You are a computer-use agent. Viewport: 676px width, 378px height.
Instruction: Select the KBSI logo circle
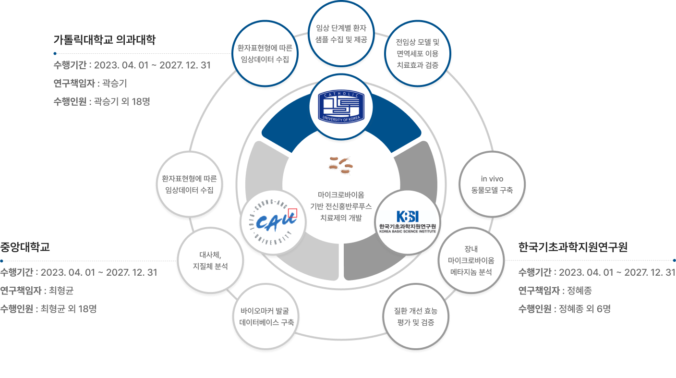click(x=407, y=221)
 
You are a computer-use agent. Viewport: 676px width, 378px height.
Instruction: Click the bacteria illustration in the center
click(x=341, y=165)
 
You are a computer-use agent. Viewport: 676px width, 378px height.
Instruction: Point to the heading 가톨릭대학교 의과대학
click(x=105, y=39)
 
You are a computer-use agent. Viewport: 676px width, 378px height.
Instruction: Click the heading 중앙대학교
click(x=25, y=247)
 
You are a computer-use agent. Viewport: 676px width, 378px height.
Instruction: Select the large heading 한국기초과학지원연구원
click(x=573, y=247)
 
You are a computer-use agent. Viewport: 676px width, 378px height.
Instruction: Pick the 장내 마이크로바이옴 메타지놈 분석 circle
click(x=471, y=260)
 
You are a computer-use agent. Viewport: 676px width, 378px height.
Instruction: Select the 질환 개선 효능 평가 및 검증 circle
click(x=416, y=317)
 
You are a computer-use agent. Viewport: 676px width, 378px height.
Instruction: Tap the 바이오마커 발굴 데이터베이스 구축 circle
click(x=267, y=317)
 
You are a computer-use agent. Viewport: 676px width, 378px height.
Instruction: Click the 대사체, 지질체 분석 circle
click(x=210, y=260)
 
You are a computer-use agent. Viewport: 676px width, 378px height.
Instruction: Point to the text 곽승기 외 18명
click(x=122, y=101)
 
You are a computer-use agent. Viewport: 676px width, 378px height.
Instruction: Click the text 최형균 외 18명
click(x=69, y=309)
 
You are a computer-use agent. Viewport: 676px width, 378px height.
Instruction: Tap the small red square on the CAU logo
click(x=292, y=213)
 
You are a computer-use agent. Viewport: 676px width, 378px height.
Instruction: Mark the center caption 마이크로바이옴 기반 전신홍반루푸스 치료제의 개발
click(x=341, y=206)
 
